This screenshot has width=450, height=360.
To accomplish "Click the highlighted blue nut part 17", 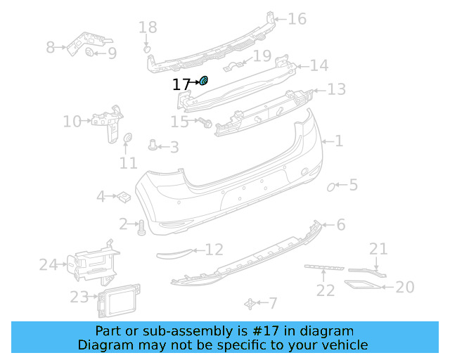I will (203, 82).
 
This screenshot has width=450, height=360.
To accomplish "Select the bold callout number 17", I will (181, 85).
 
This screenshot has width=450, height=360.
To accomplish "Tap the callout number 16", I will (297, 19).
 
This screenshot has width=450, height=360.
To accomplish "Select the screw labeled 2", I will (141, 226).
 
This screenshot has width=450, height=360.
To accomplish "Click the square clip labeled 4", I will (122, 195).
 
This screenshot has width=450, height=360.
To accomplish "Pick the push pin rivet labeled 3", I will (153, 146).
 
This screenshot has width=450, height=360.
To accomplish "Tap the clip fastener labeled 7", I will (250, 303).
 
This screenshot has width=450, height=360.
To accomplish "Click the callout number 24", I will (48, 265).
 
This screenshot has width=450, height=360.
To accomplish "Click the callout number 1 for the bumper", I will (338, 141).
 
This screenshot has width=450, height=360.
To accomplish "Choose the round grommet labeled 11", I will (128, 139).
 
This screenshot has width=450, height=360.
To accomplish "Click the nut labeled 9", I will (89, 53).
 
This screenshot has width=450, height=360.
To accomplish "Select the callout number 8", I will (50, 48).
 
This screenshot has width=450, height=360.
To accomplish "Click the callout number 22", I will (325, 289).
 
